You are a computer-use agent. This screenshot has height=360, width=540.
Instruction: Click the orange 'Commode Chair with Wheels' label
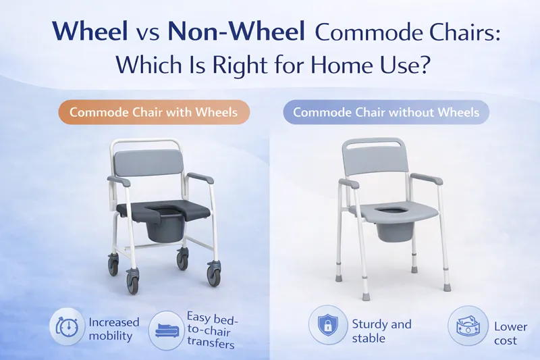pyautogui.click(x=154, y=111)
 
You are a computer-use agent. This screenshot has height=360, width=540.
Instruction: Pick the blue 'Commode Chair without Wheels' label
pyautogui.click(x=386, y=111)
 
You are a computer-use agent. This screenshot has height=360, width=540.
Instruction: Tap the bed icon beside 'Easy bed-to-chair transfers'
pyautogui.click(x=166, y=328)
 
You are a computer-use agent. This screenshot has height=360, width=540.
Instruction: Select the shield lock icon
pyautogui.click(x=327, y=326)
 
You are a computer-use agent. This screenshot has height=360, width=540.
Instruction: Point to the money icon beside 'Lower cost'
pyautogui.click(x=466, y=326)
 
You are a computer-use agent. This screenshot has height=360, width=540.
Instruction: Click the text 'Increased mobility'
pyautogui.click(x=114, y=328)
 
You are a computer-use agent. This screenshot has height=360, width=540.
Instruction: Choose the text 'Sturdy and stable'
pyautogui.click(x=381, y=330)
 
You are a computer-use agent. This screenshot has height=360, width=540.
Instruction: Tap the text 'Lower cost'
pyautogui.click(x=510, y=332)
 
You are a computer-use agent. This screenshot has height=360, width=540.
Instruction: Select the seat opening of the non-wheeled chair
pyautogui.click(x=390, y=214)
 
